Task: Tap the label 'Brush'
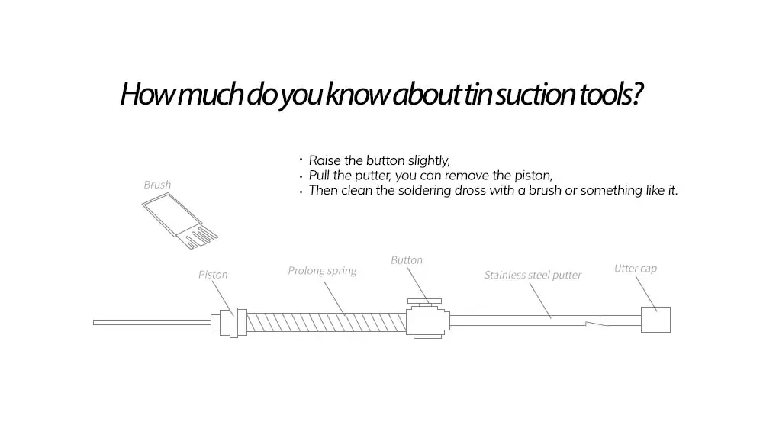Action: point(157,185)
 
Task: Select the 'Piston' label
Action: point(213,275)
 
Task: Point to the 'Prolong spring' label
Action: point(322,271)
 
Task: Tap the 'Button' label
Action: point(406,260)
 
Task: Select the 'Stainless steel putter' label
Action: point(533,275)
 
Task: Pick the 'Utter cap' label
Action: point(635,269)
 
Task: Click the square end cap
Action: point(655,319)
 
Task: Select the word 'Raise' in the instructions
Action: point(324,161)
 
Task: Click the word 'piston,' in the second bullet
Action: point(534,176)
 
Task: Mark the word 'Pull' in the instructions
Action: point(320,176)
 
